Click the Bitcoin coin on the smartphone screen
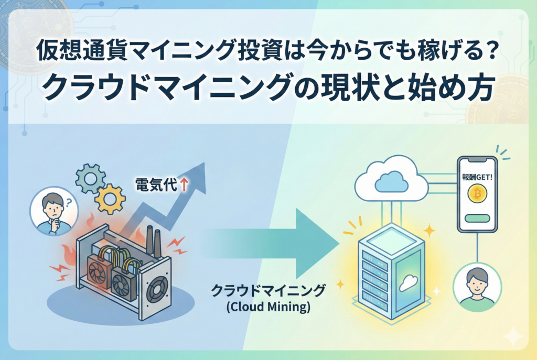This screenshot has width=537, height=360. (x=477, y=193)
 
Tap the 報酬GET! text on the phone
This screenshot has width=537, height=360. (x=477, y=174)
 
